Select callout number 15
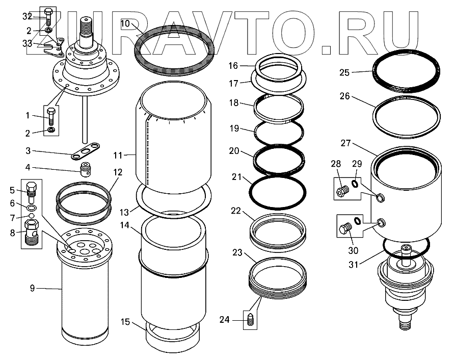point(125,322)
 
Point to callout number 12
point(118,172)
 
